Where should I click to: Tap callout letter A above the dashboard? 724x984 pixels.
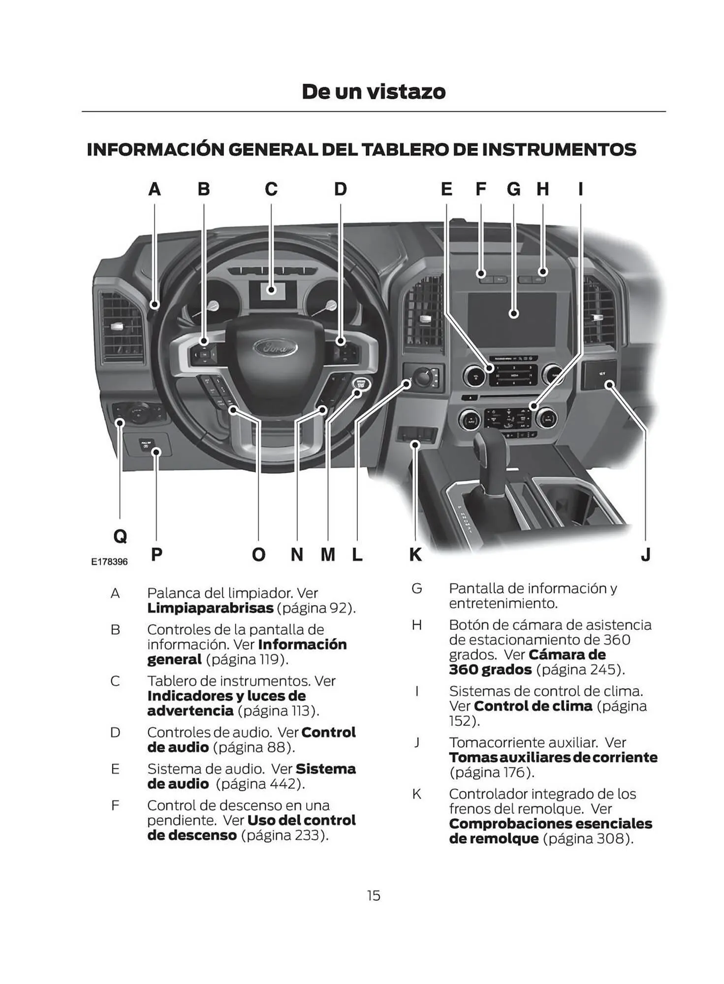pos(155,189)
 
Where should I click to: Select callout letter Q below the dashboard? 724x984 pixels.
pos(120,536)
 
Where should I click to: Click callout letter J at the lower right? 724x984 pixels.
pos(646,554)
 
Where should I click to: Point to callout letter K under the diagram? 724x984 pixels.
pos(415,554)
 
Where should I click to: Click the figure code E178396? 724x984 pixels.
pos(109,562)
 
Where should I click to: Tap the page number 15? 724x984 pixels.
pos(373,895)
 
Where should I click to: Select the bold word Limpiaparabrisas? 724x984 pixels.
pos(210,608)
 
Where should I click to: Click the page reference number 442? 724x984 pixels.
pos(285,784)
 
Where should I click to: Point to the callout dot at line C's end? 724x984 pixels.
pos(271,290)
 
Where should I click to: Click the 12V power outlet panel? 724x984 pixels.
pos(599,374)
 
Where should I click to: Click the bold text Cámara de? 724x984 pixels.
pos(567,655)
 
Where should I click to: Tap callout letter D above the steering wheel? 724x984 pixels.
pos(340,189)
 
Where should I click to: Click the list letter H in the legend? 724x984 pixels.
pos(416,625)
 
